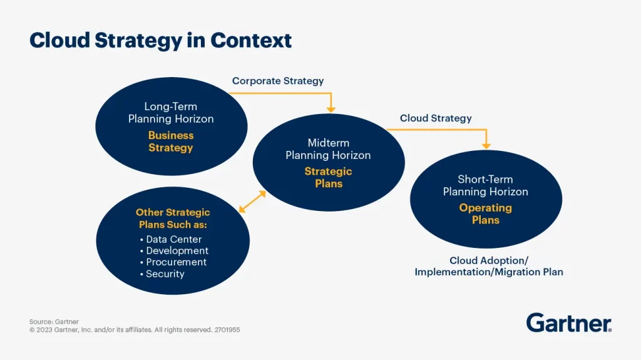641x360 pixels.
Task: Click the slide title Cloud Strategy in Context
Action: [x=160, y=40]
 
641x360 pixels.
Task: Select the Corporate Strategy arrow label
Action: [x=278, y=81]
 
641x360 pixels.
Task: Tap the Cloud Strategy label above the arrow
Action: [x=436, y=118]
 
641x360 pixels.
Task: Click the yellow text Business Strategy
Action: [x=171, y=141]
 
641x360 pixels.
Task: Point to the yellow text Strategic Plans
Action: [x=328, y=178]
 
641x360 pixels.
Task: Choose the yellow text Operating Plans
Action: [x=485, y=214]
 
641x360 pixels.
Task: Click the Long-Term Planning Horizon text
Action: [x=171, y=113]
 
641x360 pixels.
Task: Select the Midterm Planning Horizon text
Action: [x=328, y=149]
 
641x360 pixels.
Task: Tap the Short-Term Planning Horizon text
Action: [x=485, y=185]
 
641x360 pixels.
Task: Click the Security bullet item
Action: [x=165, y=274]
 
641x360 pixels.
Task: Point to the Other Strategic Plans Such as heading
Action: [x=173, y=219]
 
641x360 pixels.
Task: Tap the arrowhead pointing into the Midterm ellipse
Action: [x=331, y=109]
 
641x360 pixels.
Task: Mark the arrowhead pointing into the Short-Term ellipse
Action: [x=486, y=145]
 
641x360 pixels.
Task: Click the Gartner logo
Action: [x=568, y=322]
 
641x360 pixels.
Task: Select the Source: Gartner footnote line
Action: [x=54, y=322]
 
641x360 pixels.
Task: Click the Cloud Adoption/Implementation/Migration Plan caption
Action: [x=489, y=266]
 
